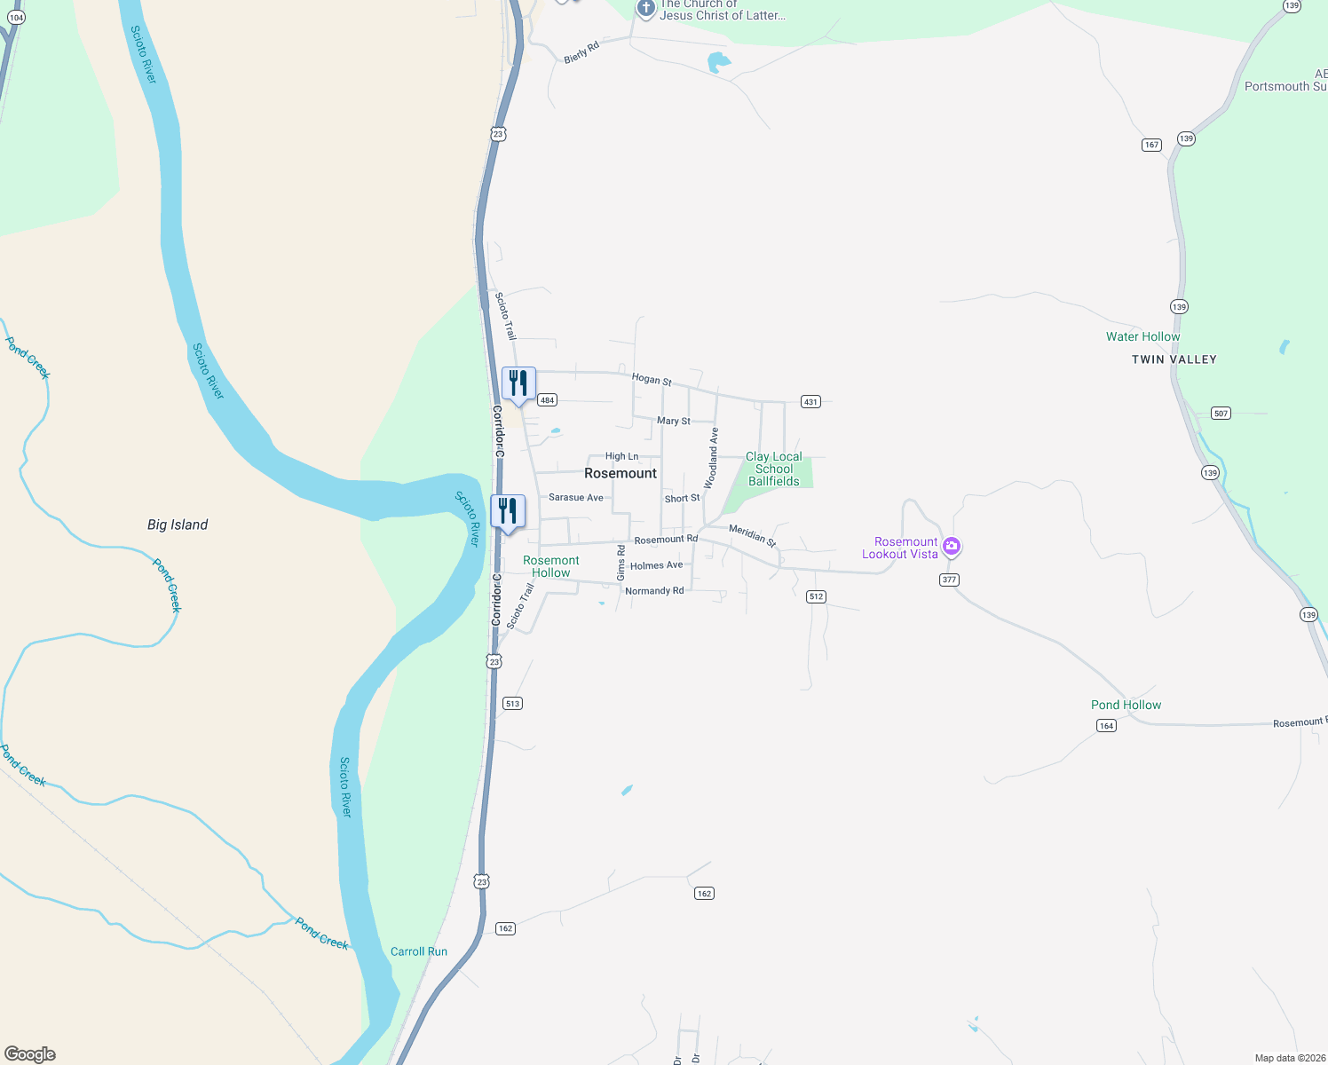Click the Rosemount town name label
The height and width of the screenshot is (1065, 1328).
(621, 473)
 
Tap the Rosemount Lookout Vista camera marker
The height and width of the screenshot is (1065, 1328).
(952, 546)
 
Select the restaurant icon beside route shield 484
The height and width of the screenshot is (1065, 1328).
(518, 383)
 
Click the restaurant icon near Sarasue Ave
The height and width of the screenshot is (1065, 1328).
(508, 511)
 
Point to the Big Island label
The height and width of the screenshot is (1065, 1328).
(178, 525)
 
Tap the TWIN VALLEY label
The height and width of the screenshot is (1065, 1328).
(1174, 359)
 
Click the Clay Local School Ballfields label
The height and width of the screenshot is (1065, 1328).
(774, 469)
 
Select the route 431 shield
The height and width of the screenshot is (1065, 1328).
(810, 402)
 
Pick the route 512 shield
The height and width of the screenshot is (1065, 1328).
(817, 596)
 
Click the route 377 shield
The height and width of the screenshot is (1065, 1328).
(949, 580)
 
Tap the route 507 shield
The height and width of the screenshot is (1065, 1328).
(1221, 414)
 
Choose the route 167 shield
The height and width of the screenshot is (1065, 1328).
(1151, 145)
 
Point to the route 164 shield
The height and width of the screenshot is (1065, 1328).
(1106, 725)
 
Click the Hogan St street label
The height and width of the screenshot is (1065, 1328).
(652, 379)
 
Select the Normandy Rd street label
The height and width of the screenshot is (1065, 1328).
(654, 591)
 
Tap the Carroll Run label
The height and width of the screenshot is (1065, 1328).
(419, 951)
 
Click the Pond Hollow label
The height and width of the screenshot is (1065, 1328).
(1126, 705)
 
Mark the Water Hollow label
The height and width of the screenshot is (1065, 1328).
(1142, 336)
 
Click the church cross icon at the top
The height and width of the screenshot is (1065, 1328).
(645, 9)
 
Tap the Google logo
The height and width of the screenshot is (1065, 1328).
(30, 1054)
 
